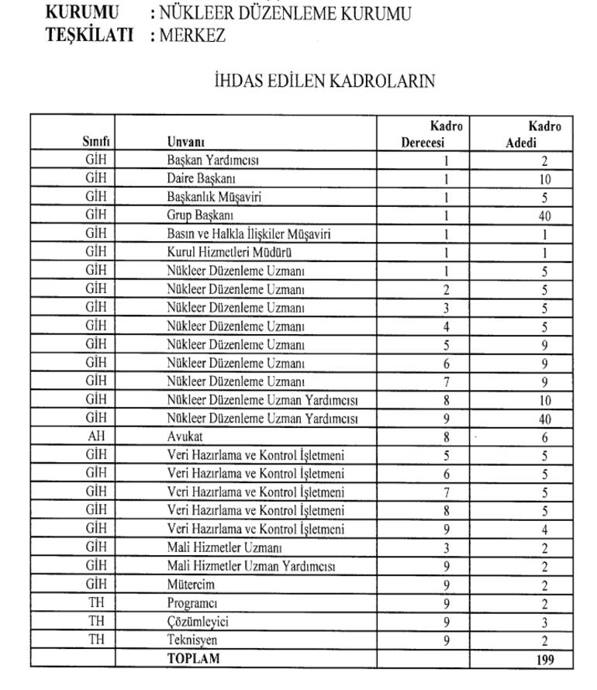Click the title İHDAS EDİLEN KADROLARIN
coord(324,81)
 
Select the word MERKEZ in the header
coord(192,36)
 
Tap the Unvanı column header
coord(186,142)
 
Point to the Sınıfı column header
coord(96,142)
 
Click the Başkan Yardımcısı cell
coord(213,160)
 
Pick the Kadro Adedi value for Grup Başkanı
coord(544,216)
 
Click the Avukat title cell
coord(185,436)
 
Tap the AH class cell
coord(96,436)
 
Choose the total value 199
coord(544,660)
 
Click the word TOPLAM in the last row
coord(194,659)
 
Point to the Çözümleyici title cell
coord(198,622)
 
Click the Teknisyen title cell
coord(192,640)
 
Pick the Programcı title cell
coord(192,603)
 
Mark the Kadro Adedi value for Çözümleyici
coord(544,623)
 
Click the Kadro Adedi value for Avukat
coord(544,437)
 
